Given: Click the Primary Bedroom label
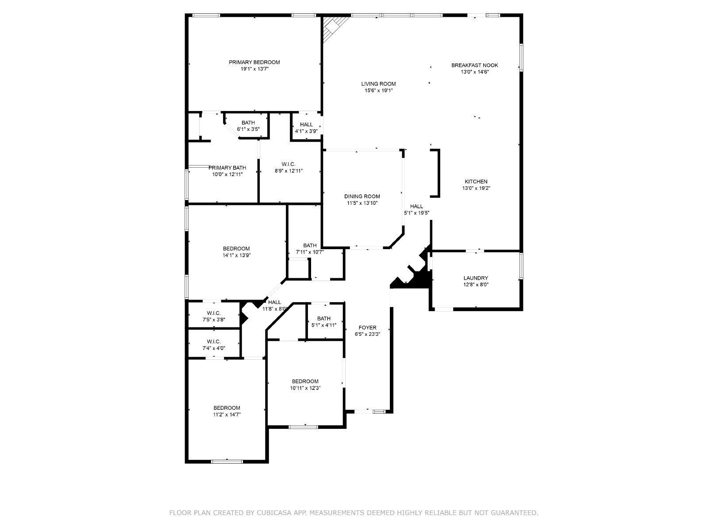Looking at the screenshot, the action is (x=254, y=62).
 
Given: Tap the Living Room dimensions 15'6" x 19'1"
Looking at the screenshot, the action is (x=378, y=91).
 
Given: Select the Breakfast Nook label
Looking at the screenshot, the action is (x=474, y=65).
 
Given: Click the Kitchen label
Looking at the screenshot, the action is (x=476, y=181).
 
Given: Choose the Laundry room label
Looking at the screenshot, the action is (x=476, y=278).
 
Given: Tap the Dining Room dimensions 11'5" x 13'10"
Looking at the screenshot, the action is (x=362, y=203).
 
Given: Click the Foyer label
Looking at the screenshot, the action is (x=367, y=327).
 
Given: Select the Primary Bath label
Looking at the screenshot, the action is (x=227, y=168).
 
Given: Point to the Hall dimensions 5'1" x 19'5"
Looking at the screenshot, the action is (x=416, y=213).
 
